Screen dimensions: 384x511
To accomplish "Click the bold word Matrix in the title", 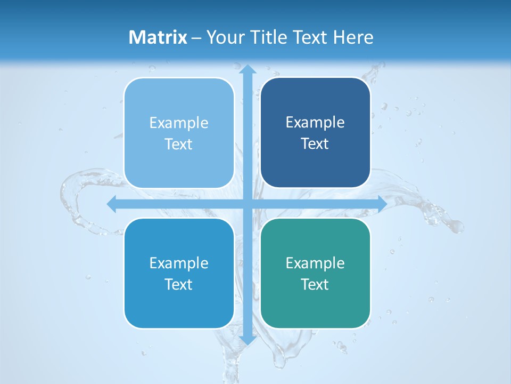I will tap(158, 37).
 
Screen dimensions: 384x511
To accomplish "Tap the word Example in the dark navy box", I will tap(315, 122).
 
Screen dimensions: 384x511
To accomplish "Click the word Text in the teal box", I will tap(315, 284).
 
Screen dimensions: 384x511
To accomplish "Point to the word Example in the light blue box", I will tap(179, 123).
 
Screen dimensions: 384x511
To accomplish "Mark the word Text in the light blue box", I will tap(179, 144).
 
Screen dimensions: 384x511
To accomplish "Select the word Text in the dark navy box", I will tap(315, 143).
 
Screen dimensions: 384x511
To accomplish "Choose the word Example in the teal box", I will tap(315, 263).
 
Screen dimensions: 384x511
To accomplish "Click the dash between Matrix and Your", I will tap(196, 38).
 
